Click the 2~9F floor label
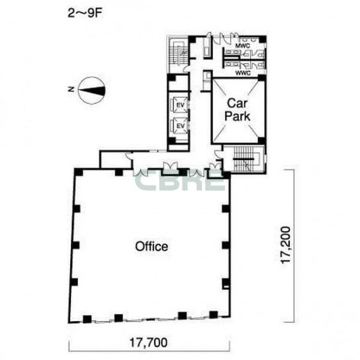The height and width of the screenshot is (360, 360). [85, 13]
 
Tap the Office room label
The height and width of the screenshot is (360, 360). [152, 246]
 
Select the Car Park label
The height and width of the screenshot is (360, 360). [238, 110]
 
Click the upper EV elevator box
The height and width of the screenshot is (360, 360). [180, 105]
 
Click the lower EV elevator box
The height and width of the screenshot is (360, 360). [180, 125]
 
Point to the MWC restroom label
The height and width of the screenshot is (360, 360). [242, 46]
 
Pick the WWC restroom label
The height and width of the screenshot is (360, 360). [243, 73]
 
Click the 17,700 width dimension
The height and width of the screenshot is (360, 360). [148, 343]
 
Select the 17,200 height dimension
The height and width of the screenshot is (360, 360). [286, 246]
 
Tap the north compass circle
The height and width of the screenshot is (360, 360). [91, 91]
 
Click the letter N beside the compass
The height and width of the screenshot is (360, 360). [71, 89]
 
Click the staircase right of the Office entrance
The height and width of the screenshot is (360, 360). [244, 159]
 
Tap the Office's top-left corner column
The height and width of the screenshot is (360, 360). [79, 172]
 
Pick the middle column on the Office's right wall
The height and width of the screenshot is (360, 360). [226, 246]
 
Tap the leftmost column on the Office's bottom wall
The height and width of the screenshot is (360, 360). [87, 319]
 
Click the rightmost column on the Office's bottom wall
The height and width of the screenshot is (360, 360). [213, 314]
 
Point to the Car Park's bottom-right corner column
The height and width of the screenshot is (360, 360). [261, 140]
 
